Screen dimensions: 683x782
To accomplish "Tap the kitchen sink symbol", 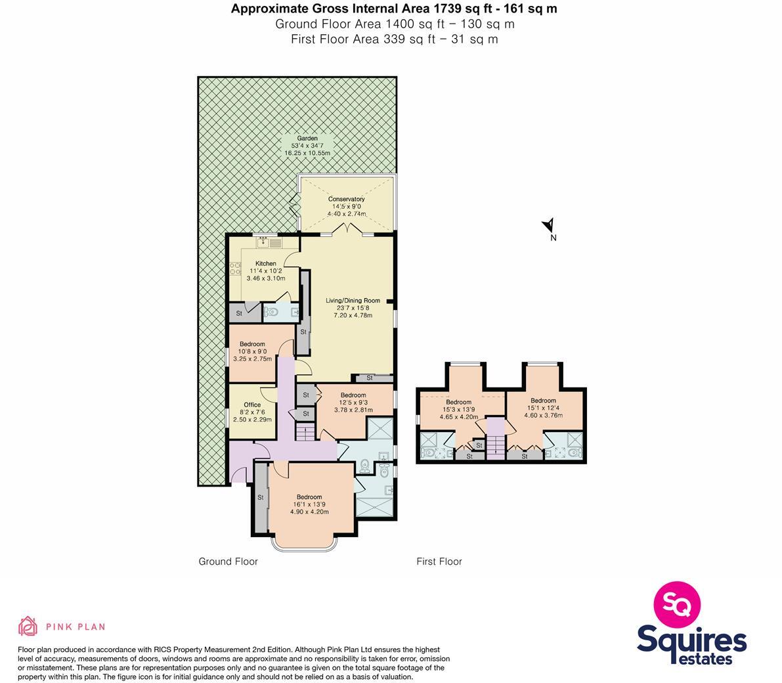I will point(269,242).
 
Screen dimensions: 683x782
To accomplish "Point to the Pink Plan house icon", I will point(28,627).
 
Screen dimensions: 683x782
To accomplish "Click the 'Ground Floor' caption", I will point(228,562).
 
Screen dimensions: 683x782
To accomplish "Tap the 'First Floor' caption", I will point(439,562).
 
